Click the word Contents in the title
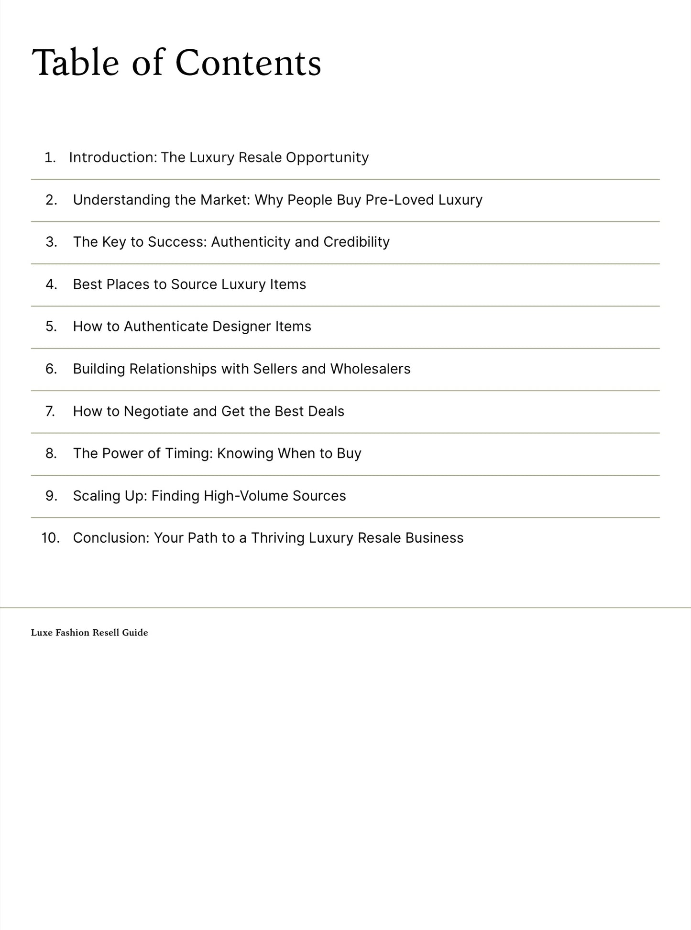click(x=248, y=63)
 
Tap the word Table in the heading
click(x=75, y=63)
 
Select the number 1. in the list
click(x=50, y=157)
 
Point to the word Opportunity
click(x=327, y=157)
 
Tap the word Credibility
click(x=356, y=242)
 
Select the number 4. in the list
click(x=51, y=284)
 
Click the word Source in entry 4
click(x=194, y=284)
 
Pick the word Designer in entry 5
click(x=241, y=327)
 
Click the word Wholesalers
click(x=370, y=369)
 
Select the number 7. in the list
click(x=50, y=411)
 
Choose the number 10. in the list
click(x=50, y=538)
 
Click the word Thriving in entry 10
click(x=278, y=538)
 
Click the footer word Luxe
click(x=41, y=633)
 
